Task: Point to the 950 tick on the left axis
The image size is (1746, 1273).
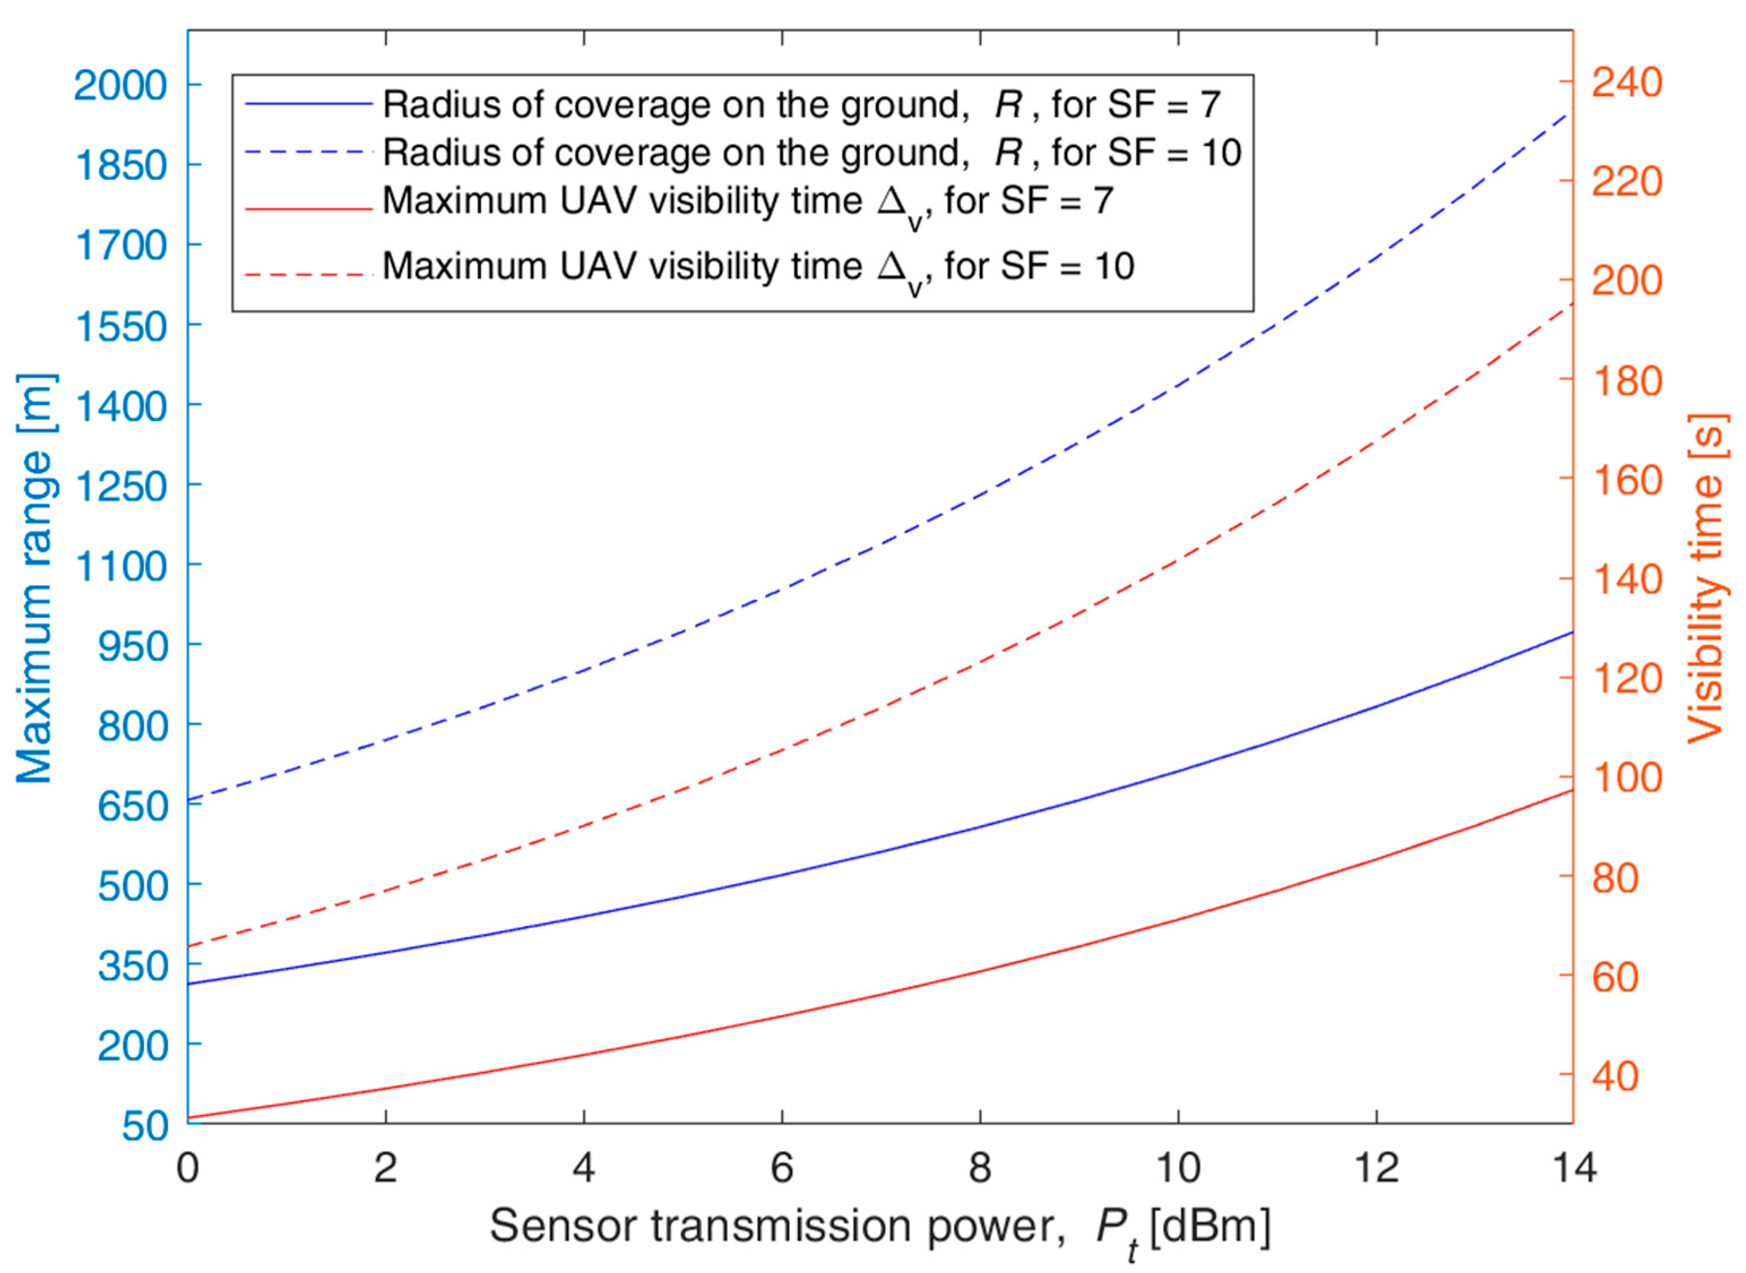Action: tap(132, 645)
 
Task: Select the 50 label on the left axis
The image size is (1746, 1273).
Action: tap(144, 1126)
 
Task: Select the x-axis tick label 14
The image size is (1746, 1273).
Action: tap(1572, 1169)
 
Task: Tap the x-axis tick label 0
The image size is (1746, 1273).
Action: tap(187, 1169)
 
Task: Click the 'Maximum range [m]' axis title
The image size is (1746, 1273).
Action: tap(34, 578)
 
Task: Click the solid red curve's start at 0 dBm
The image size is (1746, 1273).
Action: tap(189, 1118)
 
